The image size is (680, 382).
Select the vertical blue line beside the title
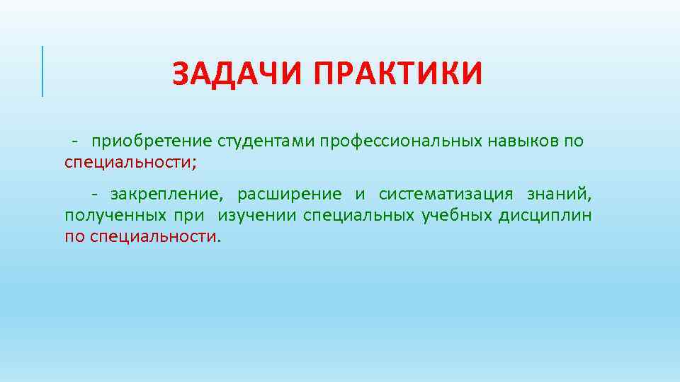[42, 71]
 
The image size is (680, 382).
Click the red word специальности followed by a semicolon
[127, 162]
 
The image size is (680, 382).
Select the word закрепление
[166, 194]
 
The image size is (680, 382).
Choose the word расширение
[289, 194]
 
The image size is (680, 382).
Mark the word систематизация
[446, 194]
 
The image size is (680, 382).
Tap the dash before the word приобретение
[74, 141]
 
